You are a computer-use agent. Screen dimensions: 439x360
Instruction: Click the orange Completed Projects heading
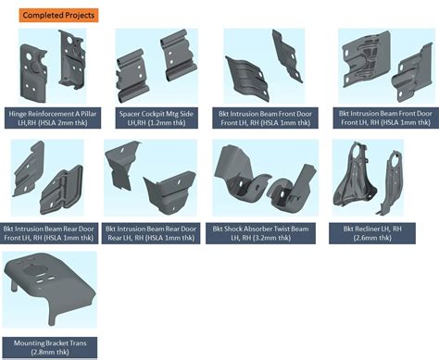tap(58, 15)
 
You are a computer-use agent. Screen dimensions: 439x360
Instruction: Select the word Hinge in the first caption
tap(18, 114)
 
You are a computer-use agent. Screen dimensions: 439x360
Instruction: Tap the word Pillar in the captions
tap(89, 114)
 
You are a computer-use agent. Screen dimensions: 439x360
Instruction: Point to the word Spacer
tap(130, 114)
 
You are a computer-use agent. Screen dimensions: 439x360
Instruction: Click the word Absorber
tap(260, 229)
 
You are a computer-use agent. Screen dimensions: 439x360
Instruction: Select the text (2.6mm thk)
tap(372, 238)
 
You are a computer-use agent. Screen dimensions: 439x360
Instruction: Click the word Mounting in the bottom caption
tap(28, 343)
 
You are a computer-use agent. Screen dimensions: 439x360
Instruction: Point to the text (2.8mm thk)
tap(50, 352)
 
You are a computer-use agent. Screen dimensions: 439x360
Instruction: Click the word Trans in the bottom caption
tap(78, 343)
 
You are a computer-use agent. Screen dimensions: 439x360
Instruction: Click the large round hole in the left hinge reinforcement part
tap(29, 56)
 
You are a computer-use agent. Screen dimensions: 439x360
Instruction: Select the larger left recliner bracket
tap(356, 176)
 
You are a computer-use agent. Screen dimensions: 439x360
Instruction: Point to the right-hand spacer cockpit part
tap(178, 55)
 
